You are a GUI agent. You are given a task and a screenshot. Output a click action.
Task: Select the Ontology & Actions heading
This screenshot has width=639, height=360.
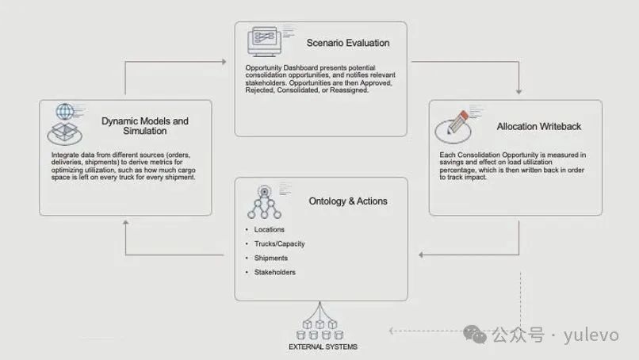click(x=348, y=201)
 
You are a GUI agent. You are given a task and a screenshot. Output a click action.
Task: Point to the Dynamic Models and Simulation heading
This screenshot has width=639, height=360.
click(x=145, y=126)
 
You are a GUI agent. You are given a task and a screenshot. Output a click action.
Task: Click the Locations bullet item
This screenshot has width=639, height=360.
click(x=269, y=230)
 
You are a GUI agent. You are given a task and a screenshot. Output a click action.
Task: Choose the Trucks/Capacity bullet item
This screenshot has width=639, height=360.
click(x=279, y=243)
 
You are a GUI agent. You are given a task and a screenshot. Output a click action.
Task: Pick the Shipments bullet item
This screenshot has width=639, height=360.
click(x=270, y=258)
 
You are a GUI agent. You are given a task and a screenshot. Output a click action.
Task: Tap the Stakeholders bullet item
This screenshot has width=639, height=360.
click(x=274, y=272)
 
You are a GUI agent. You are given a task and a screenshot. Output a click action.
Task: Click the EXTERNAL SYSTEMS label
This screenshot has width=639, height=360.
click(x=322, y=347)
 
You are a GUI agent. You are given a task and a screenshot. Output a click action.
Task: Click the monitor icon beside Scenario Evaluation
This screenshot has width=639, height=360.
click(x=266, y=40)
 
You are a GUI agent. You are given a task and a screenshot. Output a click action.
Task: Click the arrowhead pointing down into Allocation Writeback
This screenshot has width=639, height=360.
click(x=518, y=89)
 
